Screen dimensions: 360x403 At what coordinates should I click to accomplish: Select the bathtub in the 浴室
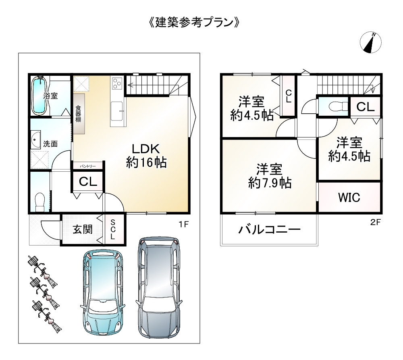click(x=39, y=96)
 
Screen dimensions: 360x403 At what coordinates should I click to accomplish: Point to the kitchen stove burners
click(x=117, y=84)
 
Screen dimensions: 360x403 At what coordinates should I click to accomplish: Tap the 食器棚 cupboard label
click(x=79, y=114)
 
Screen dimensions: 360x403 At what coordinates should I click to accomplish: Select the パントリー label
click(x=87, y=166)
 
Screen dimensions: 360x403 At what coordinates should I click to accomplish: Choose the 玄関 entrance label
click(x=83, y=229)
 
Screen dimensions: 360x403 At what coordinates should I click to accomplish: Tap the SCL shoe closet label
click(x=113, y=230)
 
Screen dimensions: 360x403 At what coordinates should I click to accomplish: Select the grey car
click(x=158, y=286)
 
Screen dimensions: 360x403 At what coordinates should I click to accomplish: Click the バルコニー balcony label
click(x=269, y=230)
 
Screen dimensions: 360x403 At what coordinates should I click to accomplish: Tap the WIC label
click(x=349, y=198)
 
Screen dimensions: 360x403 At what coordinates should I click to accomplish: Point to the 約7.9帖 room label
click(x=270, y=176)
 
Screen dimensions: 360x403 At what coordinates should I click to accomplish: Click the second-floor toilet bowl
click(x=334, y=106)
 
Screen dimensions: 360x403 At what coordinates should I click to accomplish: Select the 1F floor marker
click(x=184, y=225)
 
